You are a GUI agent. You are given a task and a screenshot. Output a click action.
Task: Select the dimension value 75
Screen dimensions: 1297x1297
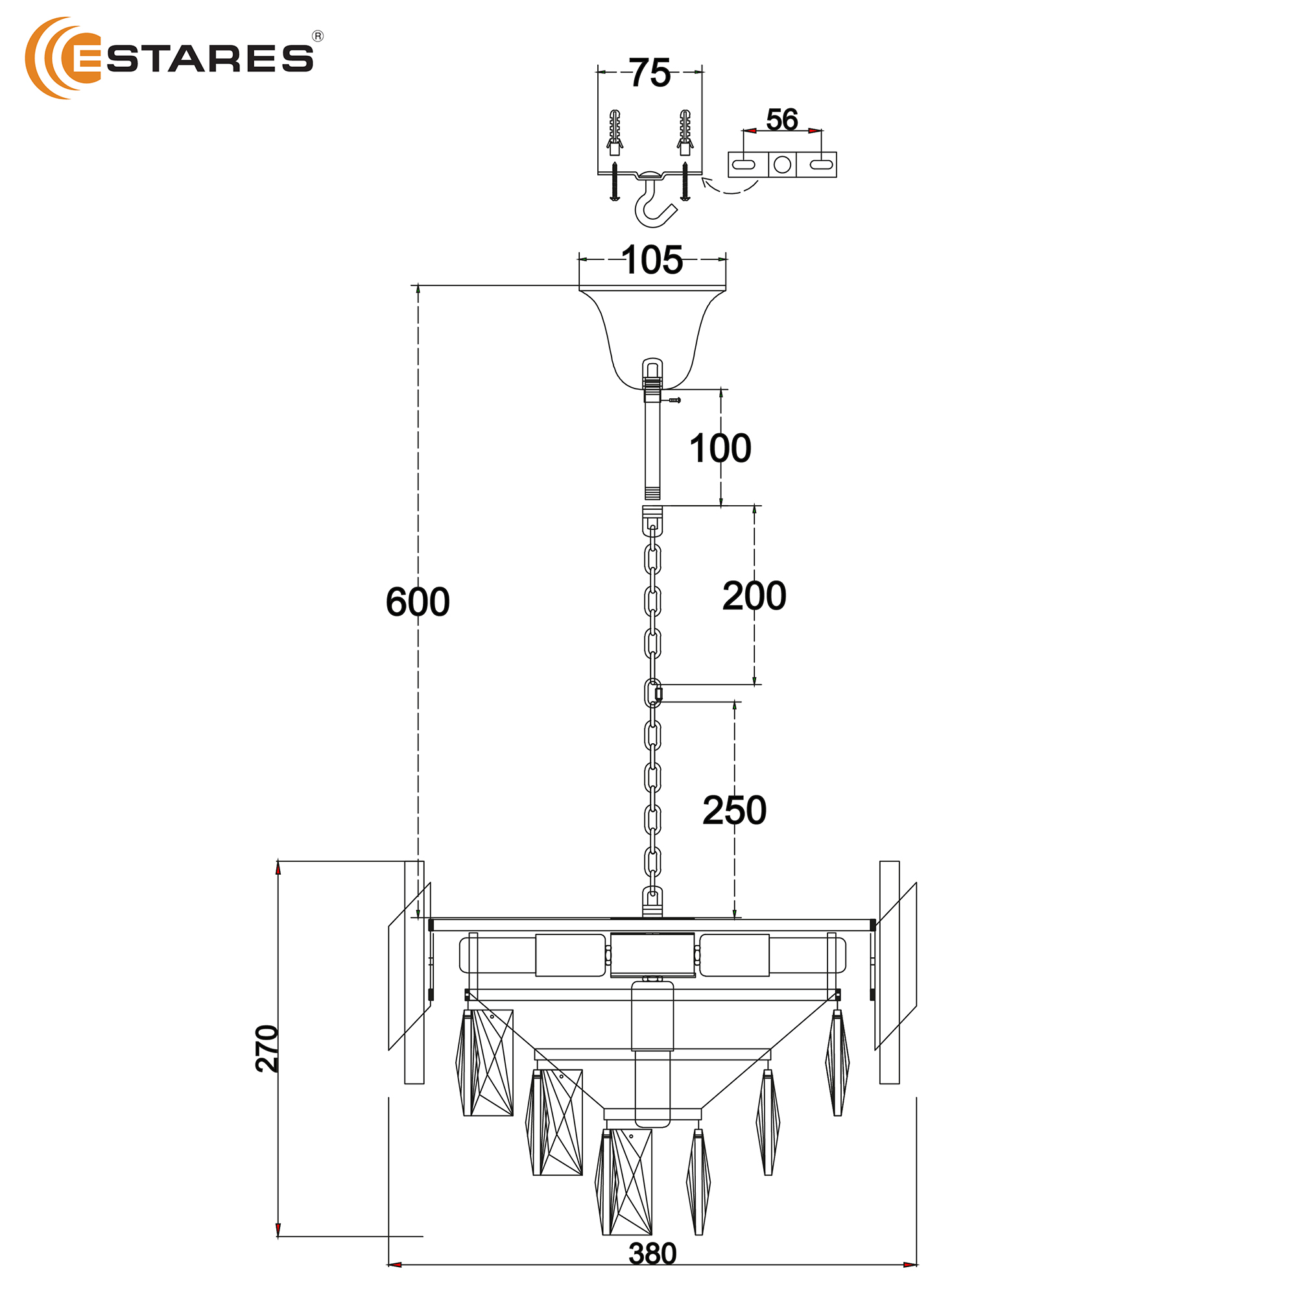(x=650, y=73)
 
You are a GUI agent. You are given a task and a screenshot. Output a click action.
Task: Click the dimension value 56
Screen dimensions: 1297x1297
(x=782, y=119)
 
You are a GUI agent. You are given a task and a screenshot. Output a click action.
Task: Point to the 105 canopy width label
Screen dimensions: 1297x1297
(x=652, y=260)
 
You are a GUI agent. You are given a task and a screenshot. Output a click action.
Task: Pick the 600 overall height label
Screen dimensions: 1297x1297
(x=418, y=602)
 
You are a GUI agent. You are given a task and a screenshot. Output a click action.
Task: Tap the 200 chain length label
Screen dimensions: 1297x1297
(x=755, y=595)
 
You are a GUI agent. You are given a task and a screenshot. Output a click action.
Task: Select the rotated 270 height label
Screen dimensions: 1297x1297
(x=267, y=1048)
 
